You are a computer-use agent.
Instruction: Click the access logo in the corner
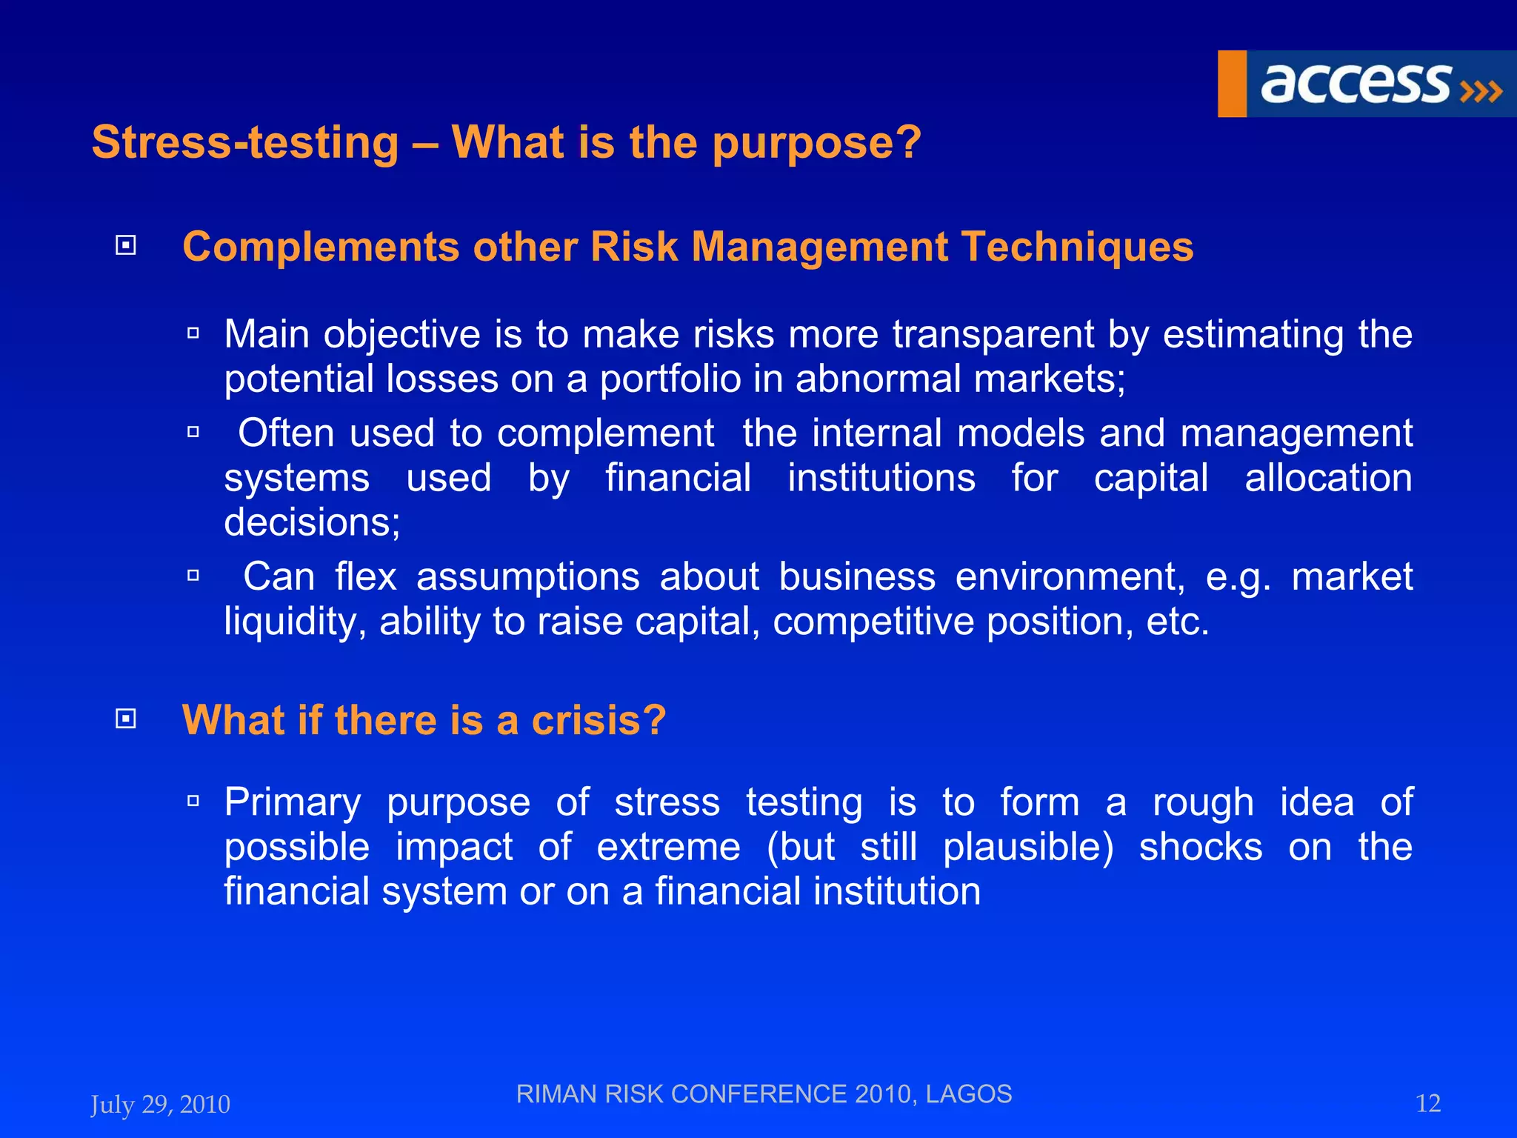click(1366, 84)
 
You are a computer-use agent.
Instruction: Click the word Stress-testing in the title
click(245, 142)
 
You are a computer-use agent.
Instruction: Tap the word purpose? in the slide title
click(816, 142)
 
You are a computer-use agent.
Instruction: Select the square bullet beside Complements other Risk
click(126, 245)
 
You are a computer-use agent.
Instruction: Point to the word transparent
click(993, 334)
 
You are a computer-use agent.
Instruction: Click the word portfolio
click(670, 379)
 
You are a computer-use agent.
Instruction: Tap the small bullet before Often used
click(193, 432)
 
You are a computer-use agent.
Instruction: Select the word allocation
click(1328, 478)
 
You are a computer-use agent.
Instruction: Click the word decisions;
click(312, 522)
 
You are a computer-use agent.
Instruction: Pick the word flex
click(365, 576)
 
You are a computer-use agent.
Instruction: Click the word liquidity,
click(295, 621)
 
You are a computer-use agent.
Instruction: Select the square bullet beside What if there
click(126, 719)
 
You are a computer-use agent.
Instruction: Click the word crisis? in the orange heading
click(599, 720)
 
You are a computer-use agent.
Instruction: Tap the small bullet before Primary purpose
click(193, 801)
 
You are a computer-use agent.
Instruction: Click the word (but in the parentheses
click(800, 847)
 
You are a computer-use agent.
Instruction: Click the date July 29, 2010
click(160, 1105)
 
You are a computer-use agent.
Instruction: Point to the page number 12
click(1427, 1104)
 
